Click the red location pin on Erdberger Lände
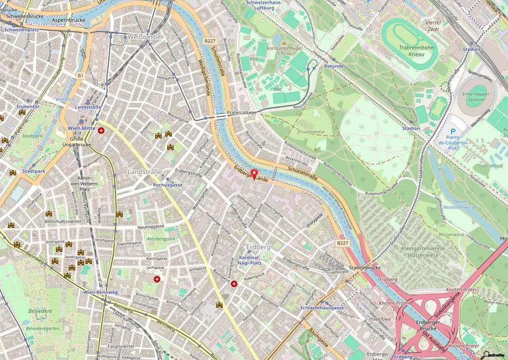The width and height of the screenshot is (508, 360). click(254, 174)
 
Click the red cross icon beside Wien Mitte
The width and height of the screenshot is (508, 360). click(102, 130)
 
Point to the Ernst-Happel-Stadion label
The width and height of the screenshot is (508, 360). click(475, 96)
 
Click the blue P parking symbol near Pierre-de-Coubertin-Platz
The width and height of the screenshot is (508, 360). click(453, 133)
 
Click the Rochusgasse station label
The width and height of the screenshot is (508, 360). click(168, 185)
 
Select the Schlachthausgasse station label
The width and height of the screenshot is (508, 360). click(322, 308)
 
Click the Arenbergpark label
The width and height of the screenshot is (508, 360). click(161, 239)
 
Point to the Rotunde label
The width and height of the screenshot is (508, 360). click(333, 66)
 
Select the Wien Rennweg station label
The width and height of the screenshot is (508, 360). click(101, 292)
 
